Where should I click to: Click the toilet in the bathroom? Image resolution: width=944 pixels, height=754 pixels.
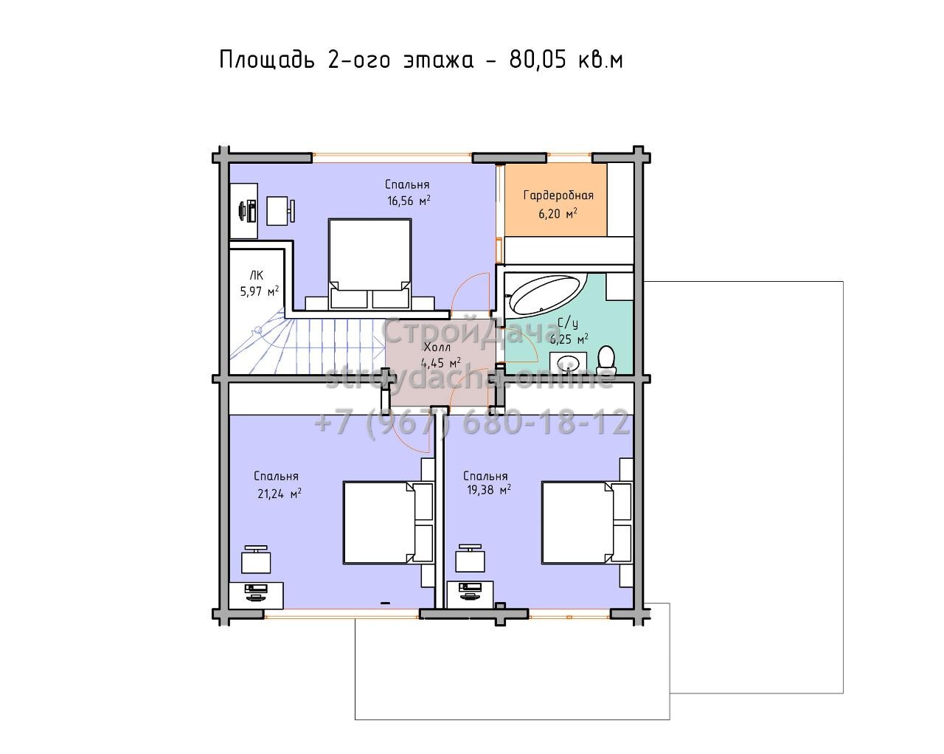coord(606,357)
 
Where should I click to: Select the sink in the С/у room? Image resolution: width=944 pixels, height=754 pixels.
coord(568,362)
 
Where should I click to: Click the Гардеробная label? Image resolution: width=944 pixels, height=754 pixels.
coord(558,196)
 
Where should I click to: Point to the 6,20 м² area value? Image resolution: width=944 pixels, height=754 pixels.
coord(558,214)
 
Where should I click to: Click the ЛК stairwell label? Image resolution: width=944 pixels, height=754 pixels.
coord(257,276)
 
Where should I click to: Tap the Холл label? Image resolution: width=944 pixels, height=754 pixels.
coord(437,347)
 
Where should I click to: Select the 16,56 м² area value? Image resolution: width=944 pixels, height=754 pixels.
coord(409,201)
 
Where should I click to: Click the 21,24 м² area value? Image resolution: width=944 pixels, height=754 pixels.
coord(279,494)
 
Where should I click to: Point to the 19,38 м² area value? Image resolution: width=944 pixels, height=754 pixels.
coord(489,489)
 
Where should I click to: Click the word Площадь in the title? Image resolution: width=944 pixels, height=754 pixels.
coord(267,60)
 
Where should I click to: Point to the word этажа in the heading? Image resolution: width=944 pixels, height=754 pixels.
coord(438,61)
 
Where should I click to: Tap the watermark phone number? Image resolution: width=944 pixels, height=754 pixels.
coord(472,423)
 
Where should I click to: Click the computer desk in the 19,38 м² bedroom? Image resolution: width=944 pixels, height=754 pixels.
coord(470,594)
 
